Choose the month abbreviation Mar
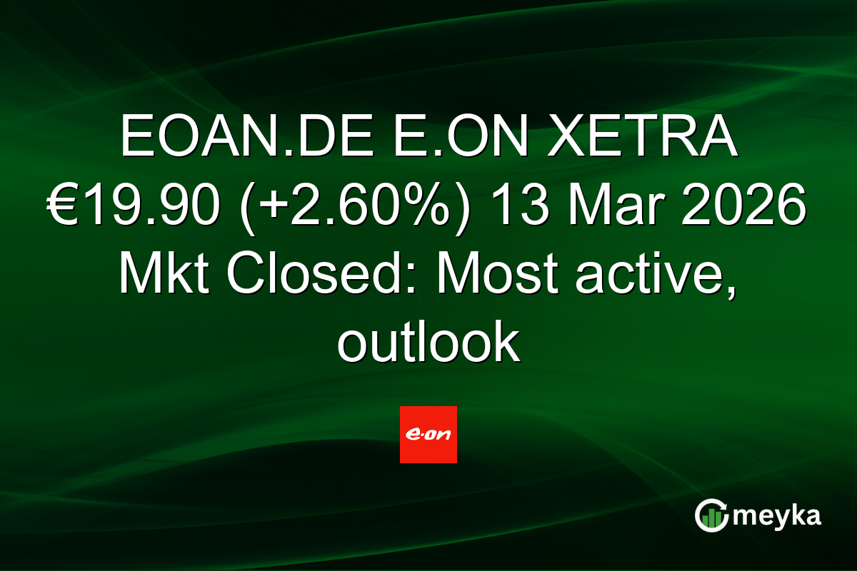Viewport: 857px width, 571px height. (615, 206)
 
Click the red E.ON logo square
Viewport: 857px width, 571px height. (428, 435)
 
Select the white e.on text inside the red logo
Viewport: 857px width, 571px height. (428, 434)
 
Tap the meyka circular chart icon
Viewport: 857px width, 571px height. (711, 515)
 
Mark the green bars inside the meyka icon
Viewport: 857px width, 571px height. (711, 519)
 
